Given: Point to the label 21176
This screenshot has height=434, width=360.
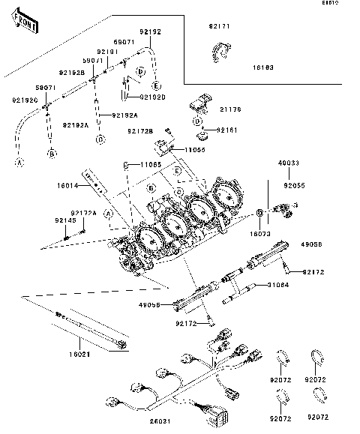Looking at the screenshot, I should tap(231, 109).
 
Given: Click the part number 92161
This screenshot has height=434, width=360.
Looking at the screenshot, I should tap(228, 130).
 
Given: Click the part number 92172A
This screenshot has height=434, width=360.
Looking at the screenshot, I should tap(84, 213).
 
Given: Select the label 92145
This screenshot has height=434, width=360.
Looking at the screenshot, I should tap(64, 221).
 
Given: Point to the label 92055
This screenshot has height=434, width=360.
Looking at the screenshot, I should tap(295, 184).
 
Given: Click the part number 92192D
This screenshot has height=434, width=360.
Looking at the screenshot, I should tap(151, 97).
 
